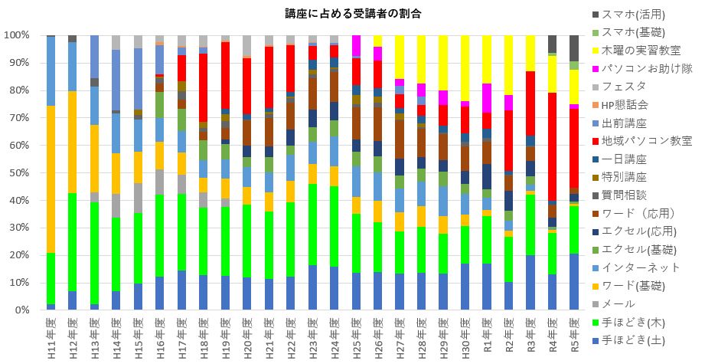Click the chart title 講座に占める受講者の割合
coord(351,14)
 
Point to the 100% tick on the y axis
coord(17,35)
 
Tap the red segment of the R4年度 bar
coord(553,146)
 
